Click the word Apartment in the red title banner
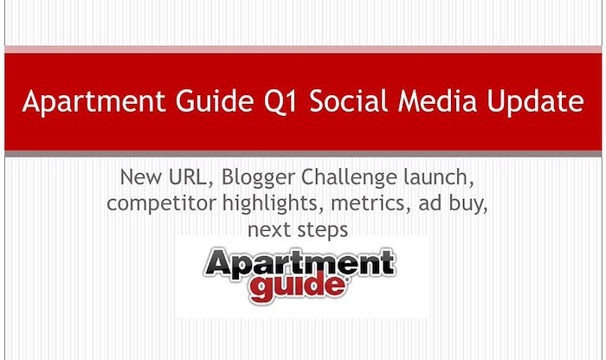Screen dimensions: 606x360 point(93,102)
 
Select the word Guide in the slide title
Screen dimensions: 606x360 point(215,100)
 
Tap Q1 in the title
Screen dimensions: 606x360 point(280,101)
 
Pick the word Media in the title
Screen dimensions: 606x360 point(437,100)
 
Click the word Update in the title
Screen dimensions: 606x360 point(535,102)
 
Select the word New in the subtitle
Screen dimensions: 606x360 point(141,177)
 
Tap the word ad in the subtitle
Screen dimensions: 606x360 point(430,203)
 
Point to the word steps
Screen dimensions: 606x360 point(323,231)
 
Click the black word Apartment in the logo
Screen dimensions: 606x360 point(300,263)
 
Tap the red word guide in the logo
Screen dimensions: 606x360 point(298,286)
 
